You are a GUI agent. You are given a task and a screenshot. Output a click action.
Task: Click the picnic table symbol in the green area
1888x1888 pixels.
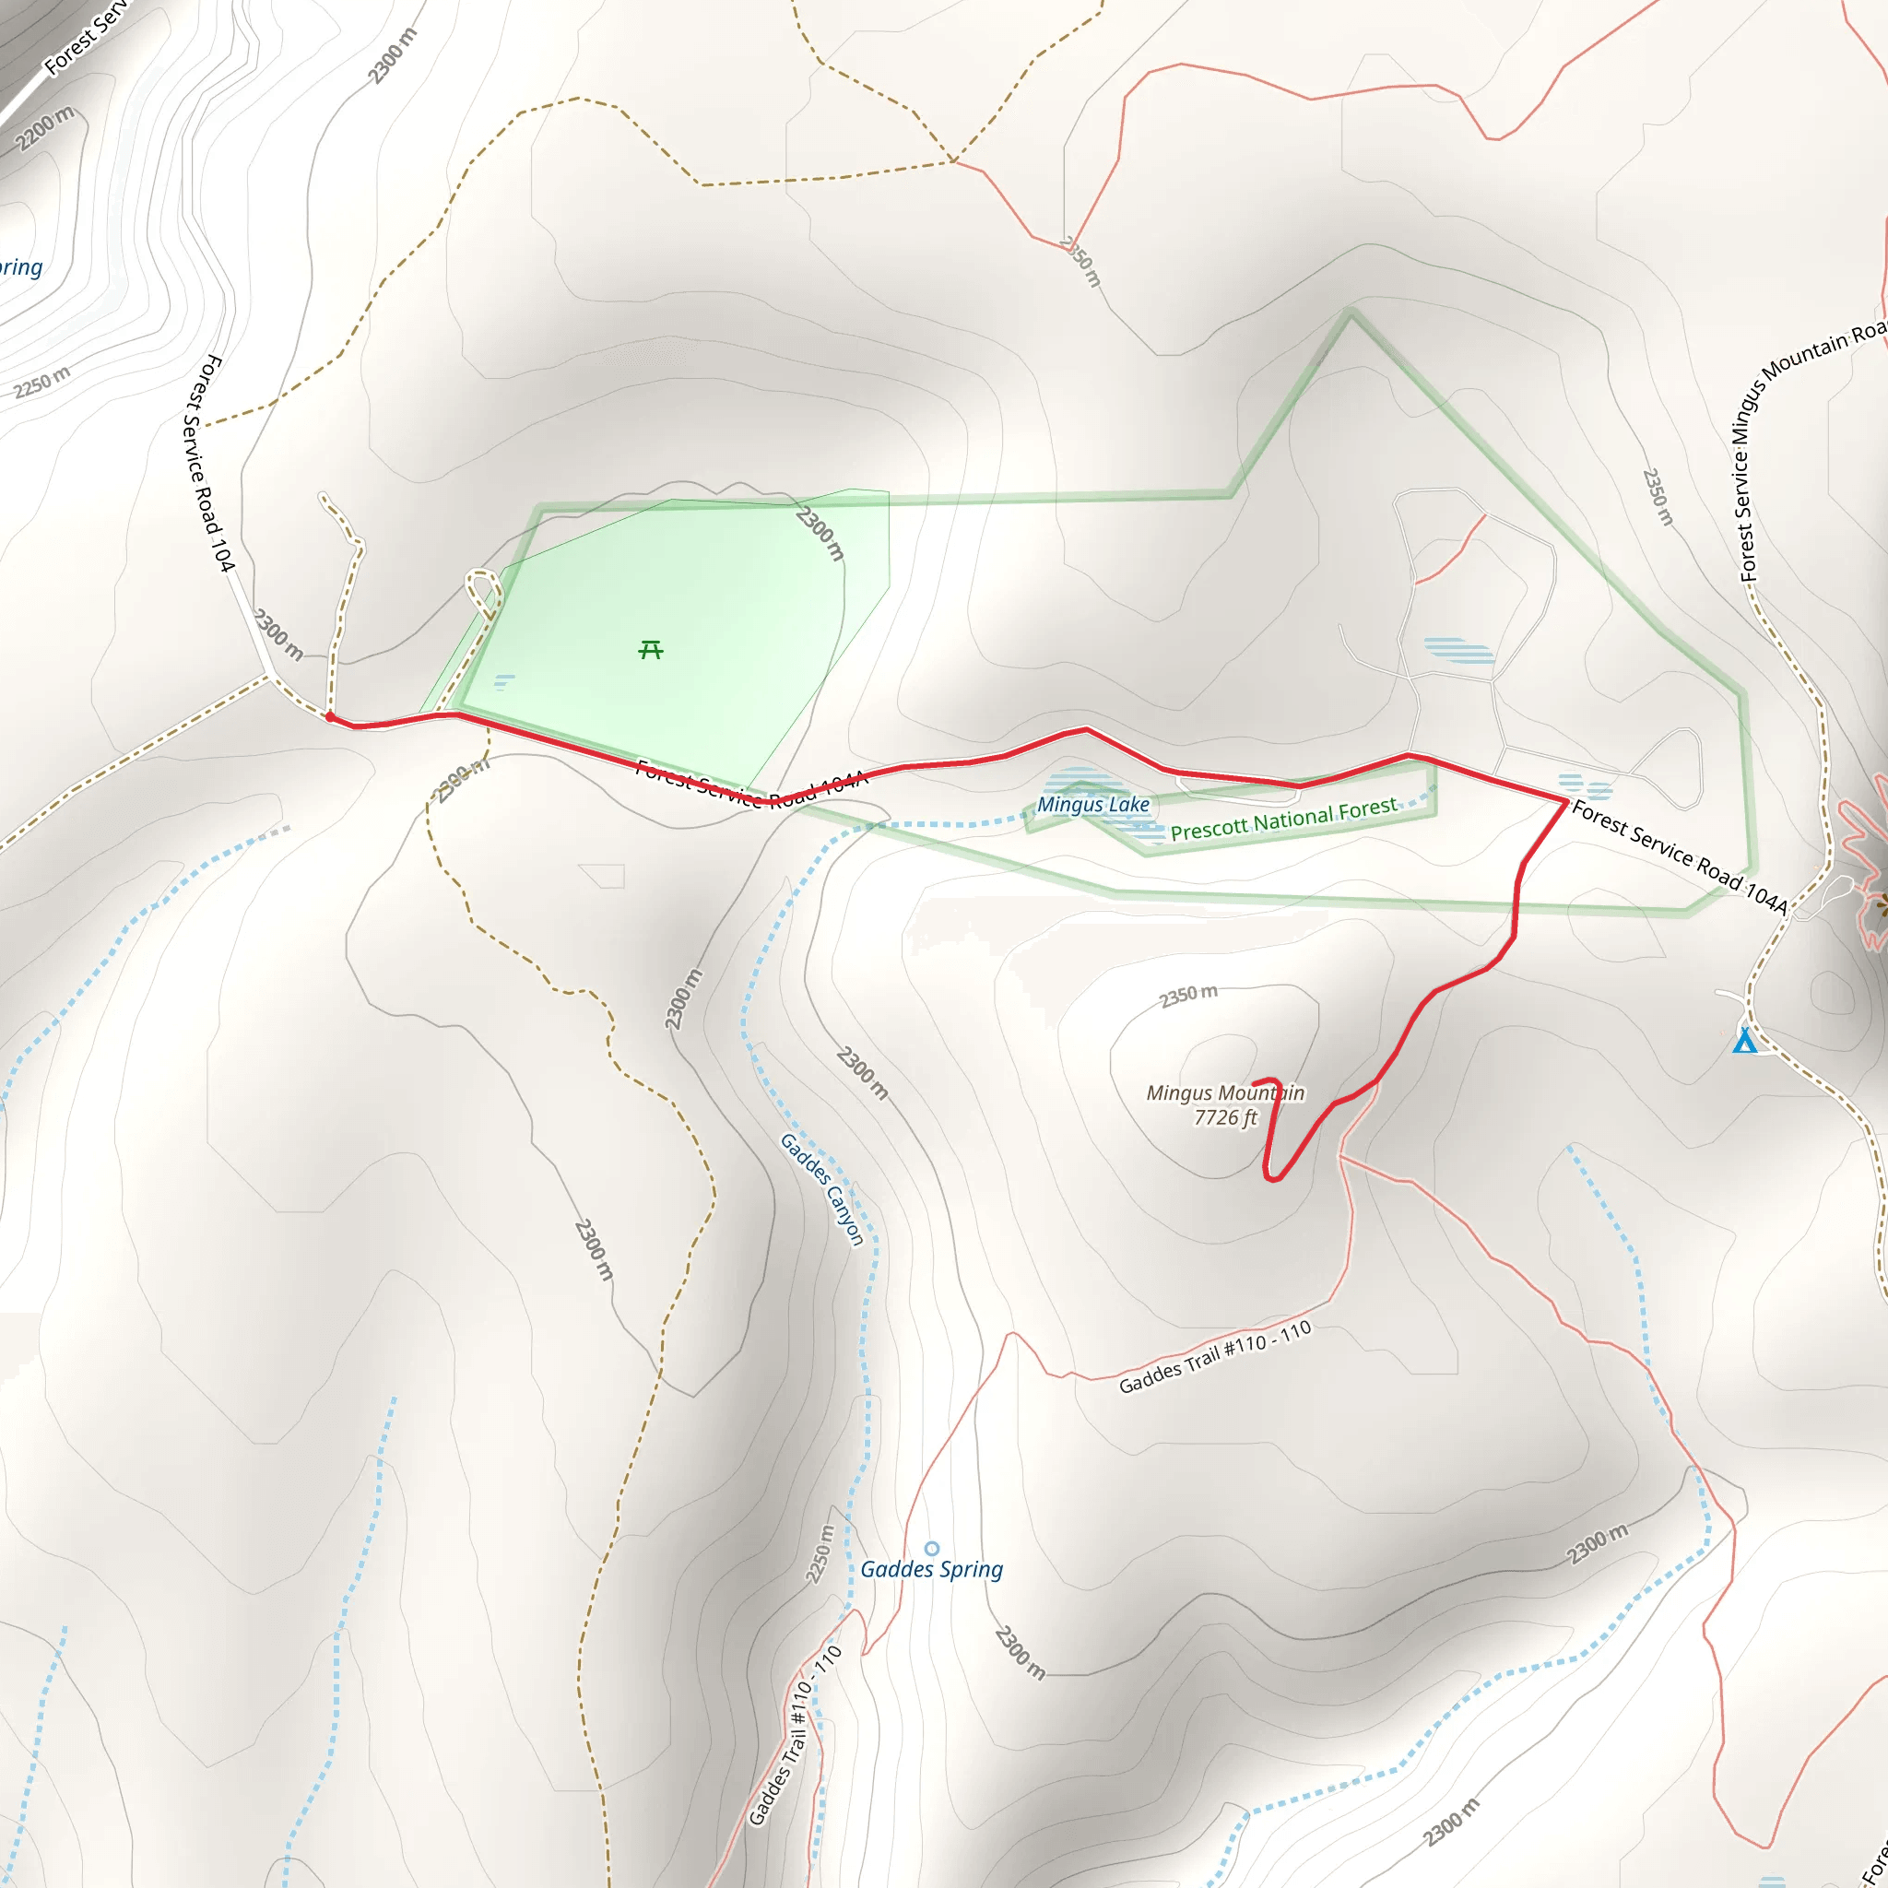point(651,650)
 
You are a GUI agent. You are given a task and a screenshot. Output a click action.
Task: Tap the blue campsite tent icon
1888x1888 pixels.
point(1744,1040)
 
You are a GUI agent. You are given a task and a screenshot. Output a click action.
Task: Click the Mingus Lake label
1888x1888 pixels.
point(1092,804)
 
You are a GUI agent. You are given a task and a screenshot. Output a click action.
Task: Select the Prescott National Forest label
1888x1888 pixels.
point(1283,819)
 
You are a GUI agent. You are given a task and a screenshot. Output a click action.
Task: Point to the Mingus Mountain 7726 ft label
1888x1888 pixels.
point(1224,1105)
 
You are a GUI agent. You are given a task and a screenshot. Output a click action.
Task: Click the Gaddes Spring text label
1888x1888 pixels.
point(931,1568)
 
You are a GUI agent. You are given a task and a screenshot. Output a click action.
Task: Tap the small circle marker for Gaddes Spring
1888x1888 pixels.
point(932,1548)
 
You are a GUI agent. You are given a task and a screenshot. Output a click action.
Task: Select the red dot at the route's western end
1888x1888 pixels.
point(330,717)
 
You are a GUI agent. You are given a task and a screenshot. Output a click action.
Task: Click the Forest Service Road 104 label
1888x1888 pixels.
point(208,463)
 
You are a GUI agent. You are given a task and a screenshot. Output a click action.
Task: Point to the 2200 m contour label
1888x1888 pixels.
point(44,129)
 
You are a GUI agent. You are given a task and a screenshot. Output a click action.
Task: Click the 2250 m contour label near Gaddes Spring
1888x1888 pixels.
point(820,1553)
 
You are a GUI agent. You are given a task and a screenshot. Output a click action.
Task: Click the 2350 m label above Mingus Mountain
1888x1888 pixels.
point(1188,995)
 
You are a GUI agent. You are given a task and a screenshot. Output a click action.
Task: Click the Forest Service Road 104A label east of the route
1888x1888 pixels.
point(1679,856)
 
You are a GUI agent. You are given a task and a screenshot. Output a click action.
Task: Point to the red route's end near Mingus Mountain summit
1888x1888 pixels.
point(1254,1083)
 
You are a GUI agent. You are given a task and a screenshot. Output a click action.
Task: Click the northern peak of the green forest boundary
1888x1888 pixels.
point(1351,313)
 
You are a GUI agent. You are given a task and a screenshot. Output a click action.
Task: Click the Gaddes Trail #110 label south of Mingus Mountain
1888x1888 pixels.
point(1214,1357)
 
